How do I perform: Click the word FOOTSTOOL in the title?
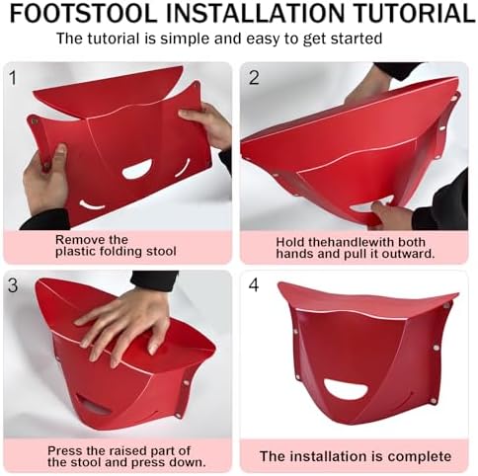tap(80, 14)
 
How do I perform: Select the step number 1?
tap(13, 77)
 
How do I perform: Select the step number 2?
tap(253, 77)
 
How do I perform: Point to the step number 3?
tap(13, 285)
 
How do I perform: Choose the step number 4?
tap(253, 285)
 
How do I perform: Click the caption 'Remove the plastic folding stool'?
tap(116, 245)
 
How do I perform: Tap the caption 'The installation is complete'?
tap(355, 456)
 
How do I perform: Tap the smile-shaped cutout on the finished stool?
tap(346, 388)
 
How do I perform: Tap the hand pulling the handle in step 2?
tap(392, 215)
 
